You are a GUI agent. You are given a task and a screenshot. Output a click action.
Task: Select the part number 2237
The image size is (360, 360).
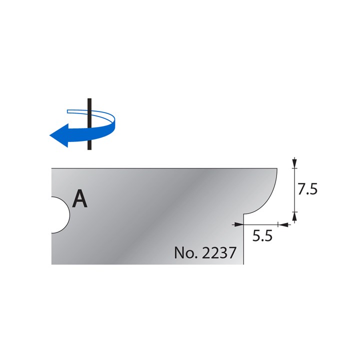[x=218, y=252]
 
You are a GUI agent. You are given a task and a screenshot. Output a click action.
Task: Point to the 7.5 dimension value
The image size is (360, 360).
[x=308, y=189]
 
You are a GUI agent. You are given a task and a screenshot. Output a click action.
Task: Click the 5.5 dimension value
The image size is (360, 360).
[x=261, y=236]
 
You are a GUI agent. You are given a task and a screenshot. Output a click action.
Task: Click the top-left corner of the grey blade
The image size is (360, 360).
[x=52, y=168]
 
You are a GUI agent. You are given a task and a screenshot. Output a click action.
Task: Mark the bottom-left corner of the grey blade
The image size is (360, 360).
[x=52, y=264]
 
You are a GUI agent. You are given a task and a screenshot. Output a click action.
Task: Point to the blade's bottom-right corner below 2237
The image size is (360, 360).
[x=243, y=264]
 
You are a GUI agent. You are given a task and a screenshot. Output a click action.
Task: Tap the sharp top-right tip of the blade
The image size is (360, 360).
[x=277, y=168]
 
